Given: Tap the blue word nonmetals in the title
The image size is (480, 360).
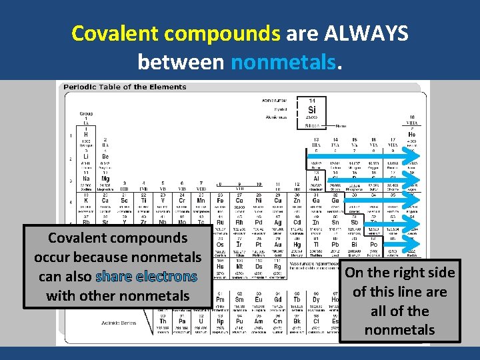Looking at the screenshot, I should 285,62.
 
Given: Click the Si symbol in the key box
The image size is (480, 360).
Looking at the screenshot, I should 312,110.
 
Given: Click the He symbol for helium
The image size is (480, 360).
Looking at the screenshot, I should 411,134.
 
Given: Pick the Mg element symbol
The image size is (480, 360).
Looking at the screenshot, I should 105,178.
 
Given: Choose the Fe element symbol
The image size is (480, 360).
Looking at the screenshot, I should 220,200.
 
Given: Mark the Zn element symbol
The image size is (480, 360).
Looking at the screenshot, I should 297,200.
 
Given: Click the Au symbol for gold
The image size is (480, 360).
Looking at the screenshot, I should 278,245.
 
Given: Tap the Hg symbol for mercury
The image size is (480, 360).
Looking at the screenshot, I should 297,245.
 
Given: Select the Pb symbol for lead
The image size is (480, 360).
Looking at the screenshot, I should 335,245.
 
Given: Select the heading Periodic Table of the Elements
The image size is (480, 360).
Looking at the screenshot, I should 125,87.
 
